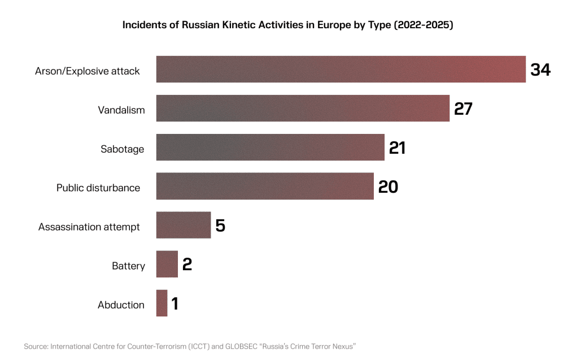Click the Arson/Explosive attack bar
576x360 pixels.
click(x=341, y=70)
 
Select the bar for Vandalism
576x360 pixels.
click(x=303, y=109)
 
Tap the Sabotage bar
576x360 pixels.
click(x=270, y=148)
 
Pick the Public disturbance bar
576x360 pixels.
click(x=265, y=186)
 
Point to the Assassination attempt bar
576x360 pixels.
click(x=184, y=225)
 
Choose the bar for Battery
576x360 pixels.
click(x=167, y=264)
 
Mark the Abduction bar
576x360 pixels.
click(x=162, y=303)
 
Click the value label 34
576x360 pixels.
click(x=540, y=70)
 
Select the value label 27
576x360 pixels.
click(x=463, y=109)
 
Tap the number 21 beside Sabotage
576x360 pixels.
click(x=397, y=148)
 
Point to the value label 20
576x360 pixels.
click(x=388, y=186)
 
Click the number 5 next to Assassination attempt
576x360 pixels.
click(x=220, y=226)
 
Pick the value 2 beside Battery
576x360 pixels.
click(x=187, y=264)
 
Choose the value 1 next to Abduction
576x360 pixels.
click(x=175, y=303)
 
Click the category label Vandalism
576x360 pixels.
click(x=121, y=110)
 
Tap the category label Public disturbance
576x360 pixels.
click(x=98, y=188)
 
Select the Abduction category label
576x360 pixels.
click(x=121, y=305)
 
